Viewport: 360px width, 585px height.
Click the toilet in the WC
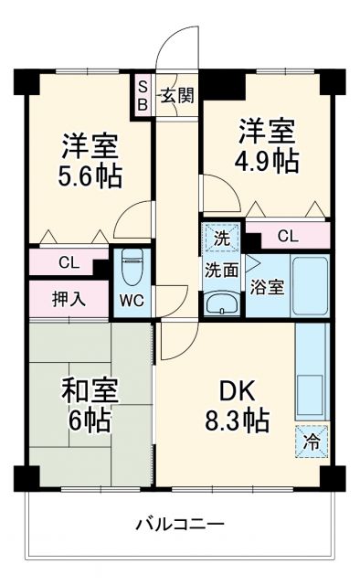132,267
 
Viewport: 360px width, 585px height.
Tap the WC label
132,300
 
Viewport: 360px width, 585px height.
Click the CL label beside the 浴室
287,236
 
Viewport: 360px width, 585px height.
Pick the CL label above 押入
69,263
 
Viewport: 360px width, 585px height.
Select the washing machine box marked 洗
220,237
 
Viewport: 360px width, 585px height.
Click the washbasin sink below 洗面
220,303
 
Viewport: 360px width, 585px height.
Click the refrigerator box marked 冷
310,441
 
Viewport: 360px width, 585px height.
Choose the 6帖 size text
88,421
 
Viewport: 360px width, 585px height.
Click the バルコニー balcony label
180,525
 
